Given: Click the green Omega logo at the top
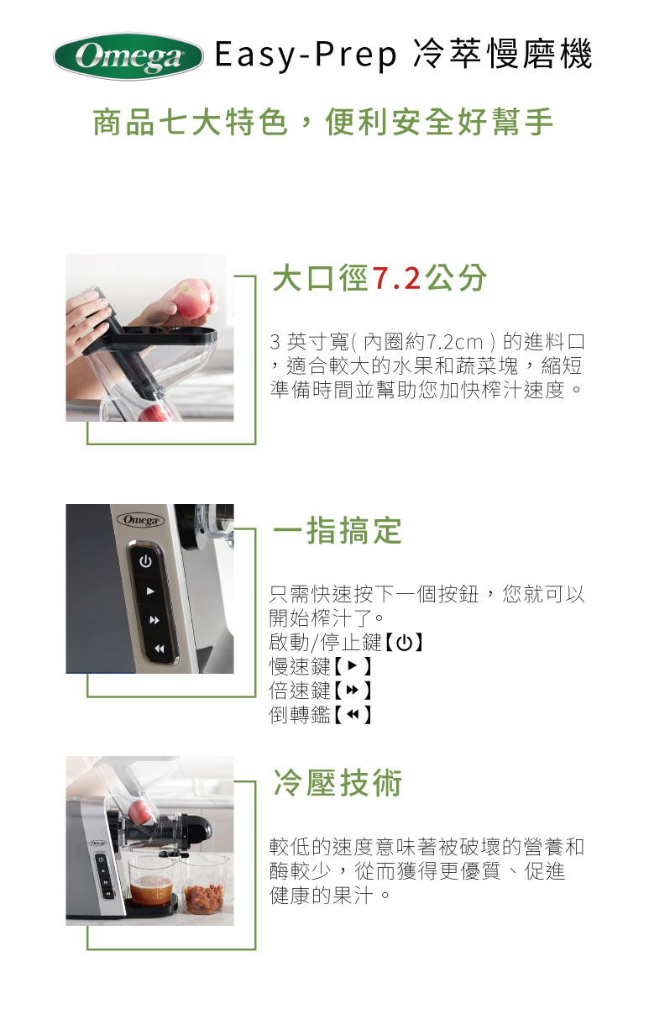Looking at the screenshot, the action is [x=128, y=56].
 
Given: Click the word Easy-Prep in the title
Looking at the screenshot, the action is [x=306, y=55].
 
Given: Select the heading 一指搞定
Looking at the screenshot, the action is [x=337, y=531].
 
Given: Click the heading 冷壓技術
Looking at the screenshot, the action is [x=338, y=783].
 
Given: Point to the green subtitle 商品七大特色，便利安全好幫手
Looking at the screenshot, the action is [x=323, y=122].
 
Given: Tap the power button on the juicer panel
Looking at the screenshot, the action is [x=145, y=561].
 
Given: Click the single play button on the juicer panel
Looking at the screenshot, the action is [x=151, y=591].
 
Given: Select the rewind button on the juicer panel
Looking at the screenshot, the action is [x=160, y=649].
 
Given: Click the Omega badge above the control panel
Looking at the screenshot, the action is [x=141, y=520].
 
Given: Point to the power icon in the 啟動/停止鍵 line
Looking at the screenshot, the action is [x=405, y=643].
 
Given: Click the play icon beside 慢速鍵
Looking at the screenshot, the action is [x=353, y=666].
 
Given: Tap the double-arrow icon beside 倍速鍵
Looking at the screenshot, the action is [x=353, y=690].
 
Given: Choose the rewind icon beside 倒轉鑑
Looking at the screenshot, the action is [x=353, y=714].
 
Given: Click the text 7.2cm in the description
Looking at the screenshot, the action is [x=453, y=342].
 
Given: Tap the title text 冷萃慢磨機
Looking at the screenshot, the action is [x=502, y=55].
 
